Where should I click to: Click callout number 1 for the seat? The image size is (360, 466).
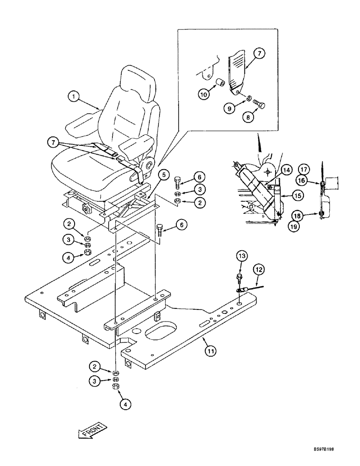click(73, 97)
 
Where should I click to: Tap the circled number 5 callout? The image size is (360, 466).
click(163, 176)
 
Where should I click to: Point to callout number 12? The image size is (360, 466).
click(259, 268)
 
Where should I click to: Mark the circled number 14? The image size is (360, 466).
click(285, 169)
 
